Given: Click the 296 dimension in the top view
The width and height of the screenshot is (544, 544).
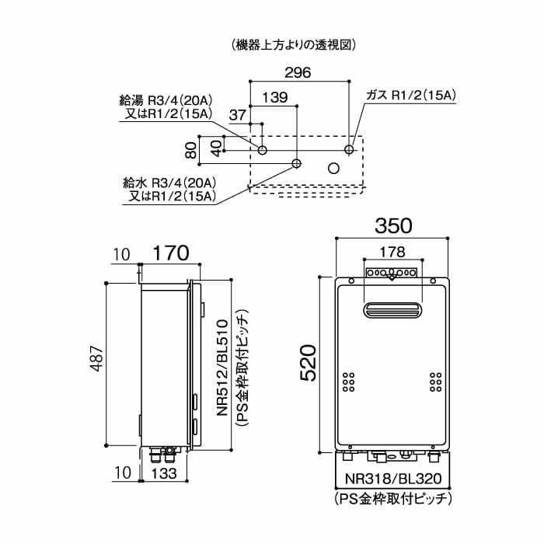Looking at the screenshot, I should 297,73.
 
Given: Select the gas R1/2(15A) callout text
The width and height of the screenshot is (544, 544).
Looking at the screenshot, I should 410,95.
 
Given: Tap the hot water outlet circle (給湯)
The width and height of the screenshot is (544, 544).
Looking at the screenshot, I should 263,149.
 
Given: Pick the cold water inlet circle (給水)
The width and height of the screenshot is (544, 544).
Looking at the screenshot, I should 296,164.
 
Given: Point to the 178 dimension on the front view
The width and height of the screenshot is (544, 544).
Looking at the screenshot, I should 393,251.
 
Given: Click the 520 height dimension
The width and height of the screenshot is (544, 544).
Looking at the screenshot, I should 309,362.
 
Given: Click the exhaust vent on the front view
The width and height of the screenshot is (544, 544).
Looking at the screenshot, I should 393,311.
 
